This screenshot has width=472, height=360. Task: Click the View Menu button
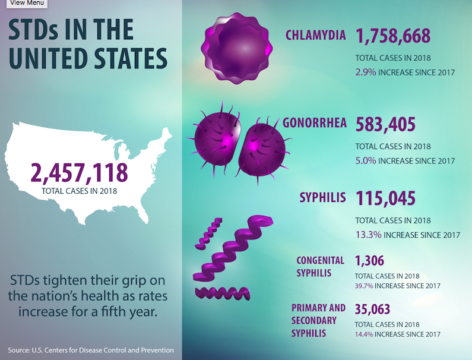click(23, 3)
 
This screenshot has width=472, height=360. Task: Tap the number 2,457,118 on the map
click(79, 173)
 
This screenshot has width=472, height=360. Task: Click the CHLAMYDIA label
click(315, 35)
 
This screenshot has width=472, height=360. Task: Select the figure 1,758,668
click(392, 36)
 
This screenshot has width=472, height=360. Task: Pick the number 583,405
click(385, 125)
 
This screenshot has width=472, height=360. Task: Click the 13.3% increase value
click(368, 235)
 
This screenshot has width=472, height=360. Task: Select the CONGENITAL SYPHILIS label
click(321, 267)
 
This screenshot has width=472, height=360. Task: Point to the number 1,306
click(369, 260)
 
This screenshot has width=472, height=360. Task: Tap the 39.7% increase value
click(364, 286)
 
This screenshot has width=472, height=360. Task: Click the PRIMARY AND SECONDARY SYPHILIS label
click(318, 320)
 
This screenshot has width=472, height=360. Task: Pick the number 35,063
click(373, 309)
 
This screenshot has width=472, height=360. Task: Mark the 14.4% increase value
click(364, 334)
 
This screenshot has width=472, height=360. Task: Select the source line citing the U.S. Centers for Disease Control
click(91, 350)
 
